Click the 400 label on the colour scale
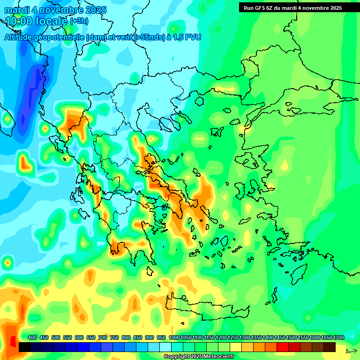32,338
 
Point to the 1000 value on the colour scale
174,338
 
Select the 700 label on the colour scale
103,338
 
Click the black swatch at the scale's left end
25,347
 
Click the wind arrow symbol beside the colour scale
351,351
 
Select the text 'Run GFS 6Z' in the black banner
259,8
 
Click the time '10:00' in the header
19,21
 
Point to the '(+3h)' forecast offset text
79,21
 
